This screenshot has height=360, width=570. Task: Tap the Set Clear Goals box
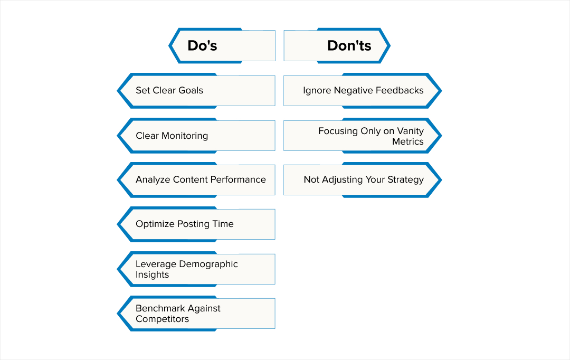(196, 90)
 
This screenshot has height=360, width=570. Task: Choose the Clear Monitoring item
(196, 136)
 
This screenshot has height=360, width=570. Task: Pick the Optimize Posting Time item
(196, 224)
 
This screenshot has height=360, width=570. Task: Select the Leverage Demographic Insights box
(196, 269)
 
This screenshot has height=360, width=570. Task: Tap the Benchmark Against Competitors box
(196, 314)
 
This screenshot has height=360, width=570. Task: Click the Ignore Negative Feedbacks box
(362, 90)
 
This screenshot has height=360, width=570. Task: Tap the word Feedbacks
(399, 90)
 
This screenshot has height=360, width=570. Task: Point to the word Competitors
(162, 319)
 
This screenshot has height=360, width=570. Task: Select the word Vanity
(410, 131)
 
